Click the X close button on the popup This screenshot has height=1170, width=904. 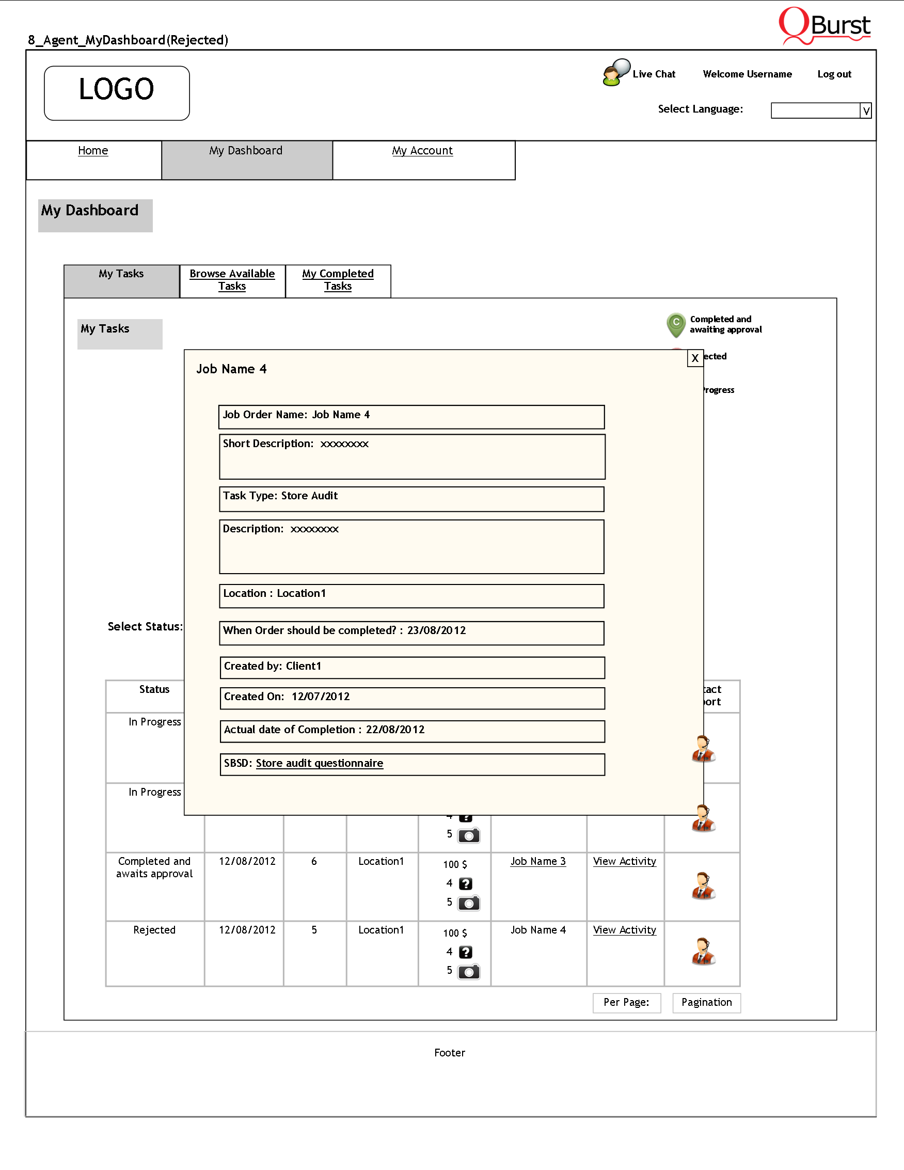(x=694, y=358)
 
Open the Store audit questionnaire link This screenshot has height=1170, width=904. (x=319, y=764)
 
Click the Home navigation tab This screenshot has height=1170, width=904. (x=92, y=151)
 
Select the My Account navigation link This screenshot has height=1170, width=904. (x=422, y=151)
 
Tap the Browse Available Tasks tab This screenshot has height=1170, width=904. (x=232, y=280)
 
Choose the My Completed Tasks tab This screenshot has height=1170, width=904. (x=338, y=280)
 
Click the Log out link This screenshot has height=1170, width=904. (x=834, y=74)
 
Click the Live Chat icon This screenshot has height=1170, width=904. (x=616, y=72)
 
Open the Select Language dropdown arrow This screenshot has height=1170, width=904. (x=865, y=111)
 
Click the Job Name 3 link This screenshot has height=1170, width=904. (x=537, y=861)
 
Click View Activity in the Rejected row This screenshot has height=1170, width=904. (x=625, y=930)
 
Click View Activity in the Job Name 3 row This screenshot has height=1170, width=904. (x=625, y=861)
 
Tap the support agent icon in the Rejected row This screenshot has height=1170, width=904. (x=703, y=952)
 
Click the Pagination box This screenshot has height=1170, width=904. (x=706, y=1002)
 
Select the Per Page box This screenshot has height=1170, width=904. (x=627, y=1002)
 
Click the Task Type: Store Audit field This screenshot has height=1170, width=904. (x=411, y=499)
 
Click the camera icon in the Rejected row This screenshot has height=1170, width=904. (x=469, y=972)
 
